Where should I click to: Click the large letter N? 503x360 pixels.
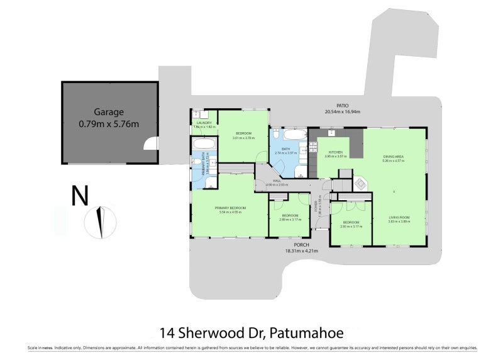(79, 196)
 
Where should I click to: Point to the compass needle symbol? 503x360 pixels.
(99, 222)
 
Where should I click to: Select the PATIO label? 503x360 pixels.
(341, 106)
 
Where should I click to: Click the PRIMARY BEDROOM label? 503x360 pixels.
(230, 208)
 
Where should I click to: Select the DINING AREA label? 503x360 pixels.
(395, 156)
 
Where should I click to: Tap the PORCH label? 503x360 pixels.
(302, 245)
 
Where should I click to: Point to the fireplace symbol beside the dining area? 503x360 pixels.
(360, 184)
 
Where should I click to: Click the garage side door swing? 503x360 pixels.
(151, 145)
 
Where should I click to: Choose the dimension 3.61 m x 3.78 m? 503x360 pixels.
(244, 138)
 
